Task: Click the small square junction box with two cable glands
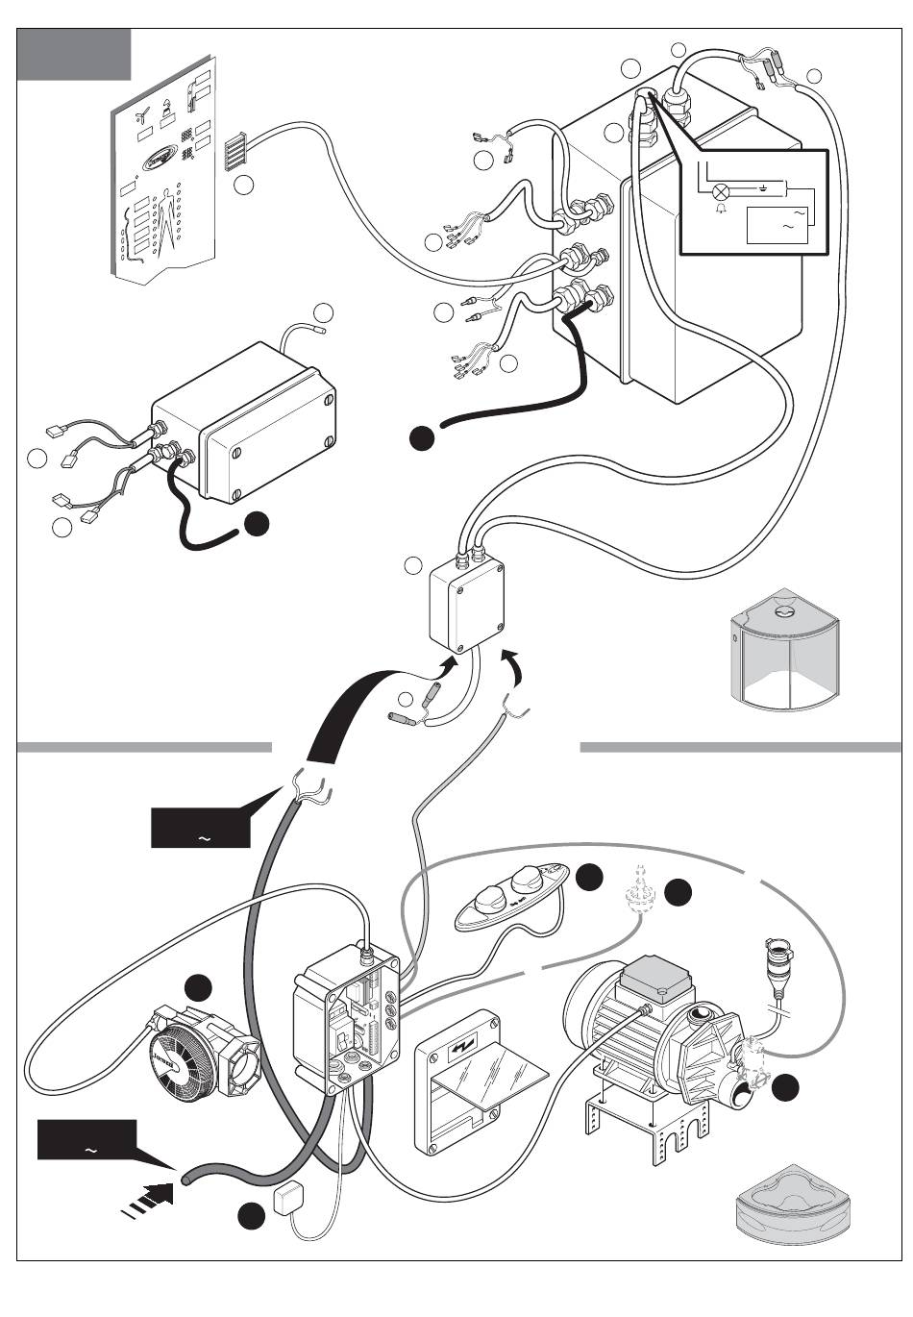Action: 466,606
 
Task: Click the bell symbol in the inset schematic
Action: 722,207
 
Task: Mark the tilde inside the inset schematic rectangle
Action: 789,226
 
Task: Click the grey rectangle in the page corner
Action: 76,54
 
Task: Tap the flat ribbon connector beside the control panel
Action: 236,151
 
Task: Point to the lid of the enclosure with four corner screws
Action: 270,446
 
